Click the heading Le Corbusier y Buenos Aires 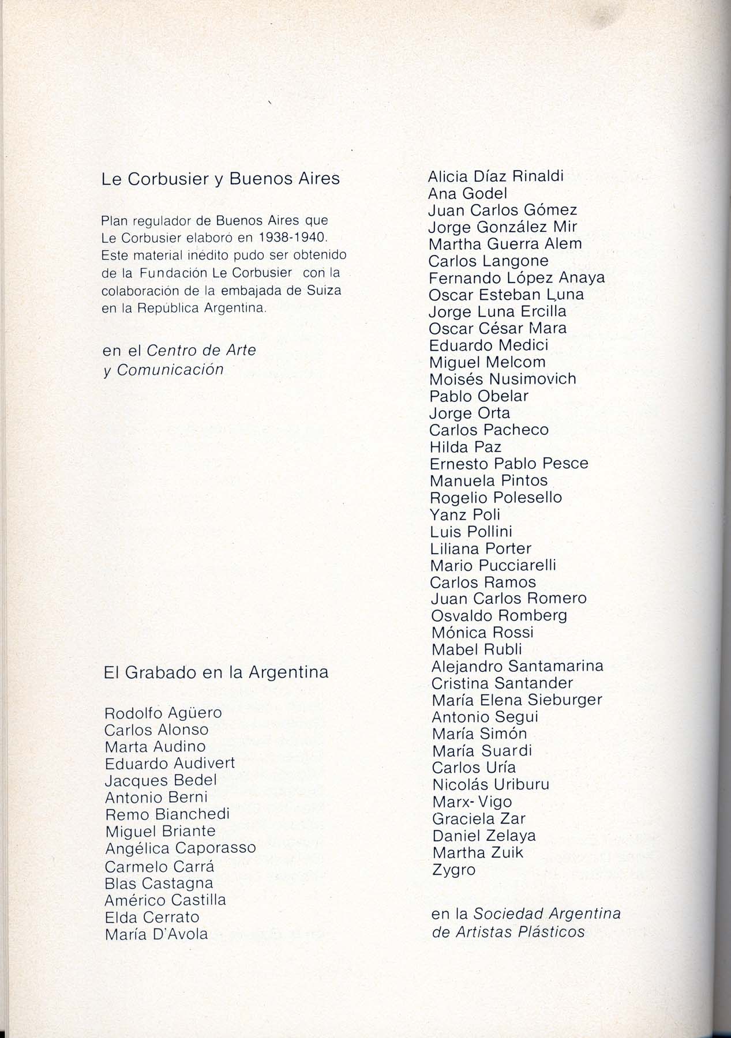click(x=220, y=179)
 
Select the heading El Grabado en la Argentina click(x=216, y=672)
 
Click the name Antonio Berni click(x=156, y=798)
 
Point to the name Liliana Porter click(x=481, y=548)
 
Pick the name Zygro click(x=453, y=869)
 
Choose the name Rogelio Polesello click(x=496, y=497)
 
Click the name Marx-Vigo click(x=471, y=802)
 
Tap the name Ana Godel click(x=468, y=194)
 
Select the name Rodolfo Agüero click(x=163, y=713)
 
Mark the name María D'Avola click(x=156, y=934)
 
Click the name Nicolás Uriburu click(x=490, y=784)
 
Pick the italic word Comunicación click(x=170, y=370)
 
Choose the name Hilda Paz click(x=465, y=447)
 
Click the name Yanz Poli click(x=465, y=514)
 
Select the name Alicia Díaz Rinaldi click(x=496, y=176)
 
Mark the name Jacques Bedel click(x=161, y=781)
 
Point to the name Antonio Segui click(x=485, y=717)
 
